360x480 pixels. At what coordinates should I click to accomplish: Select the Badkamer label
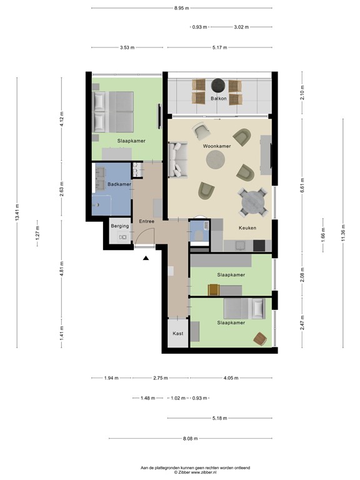[119, 184]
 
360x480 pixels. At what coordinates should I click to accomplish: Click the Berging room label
[119, 226]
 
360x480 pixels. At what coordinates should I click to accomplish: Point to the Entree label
[146, 221]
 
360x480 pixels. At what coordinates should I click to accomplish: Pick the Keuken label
[247, 228]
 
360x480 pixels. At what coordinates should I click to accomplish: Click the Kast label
[178, 334]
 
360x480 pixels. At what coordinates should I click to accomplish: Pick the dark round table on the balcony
[217, 85]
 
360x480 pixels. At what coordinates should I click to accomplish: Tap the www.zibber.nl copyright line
[195, 473]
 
